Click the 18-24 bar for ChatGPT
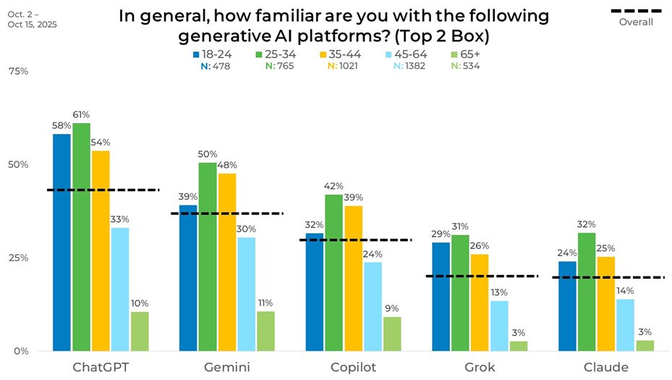point(61,242)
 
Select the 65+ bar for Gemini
point(265,331)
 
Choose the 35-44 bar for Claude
point(606,303)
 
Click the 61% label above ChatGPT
point(81,114)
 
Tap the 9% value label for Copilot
point(392,308)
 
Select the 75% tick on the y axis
point(18,71)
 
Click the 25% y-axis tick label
point(18,258)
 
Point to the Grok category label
point(480,367)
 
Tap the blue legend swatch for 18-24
point(196,54)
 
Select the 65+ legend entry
point(464,54)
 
